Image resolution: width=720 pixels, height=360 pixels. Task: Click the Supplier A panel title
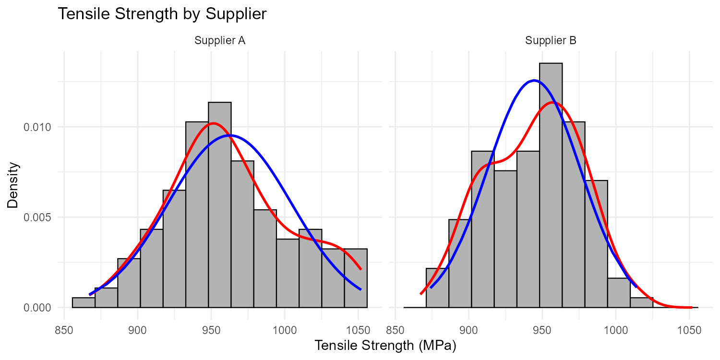tap(220, 41)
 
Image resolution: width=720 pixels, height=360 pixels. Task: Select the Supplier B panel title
tap(551, 41)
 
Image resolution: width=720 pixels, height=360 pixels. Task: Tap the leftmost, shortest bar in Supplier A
tap(84, 303)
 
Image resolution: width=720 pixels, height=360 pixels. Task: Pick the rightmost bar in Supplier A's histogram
tap(356, 278)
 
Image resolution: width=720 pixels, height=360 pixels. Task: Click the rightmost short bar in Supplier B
tap(641, 303)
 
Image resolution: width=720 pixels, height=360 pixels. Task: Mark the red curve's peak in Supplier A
tap(214, 123)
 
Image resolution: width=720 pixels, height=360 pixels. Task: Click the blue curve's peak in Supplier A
tap(230, 135)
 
